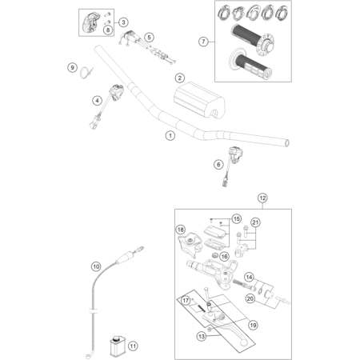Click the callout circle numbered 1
coord(170,135)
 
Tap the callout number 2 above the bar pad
coord(180,78)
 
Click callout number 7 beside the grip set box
coord(203,42)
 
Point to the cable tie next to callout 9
coord(86,73)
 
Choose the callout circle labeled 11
coord(133,346)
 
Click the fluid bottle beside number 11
coord(116,346)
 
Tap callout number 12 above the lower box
coord(262,198)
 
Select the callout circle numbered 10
coord(96,266)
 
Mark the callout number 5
coord(149,38)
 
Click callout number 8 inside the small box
coord(108,30)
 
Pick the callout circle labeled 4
coord(97,101)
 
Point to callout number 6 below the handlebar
coord(218,164)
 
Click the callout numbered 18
coord(181,230)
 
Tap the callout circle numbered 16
coord(224,257)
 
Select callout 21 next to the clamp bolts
coord(255,222)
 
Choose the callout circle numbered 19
coord(253,325)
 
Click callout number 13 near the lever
coord(202,336)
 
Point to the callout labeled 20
coord(250,298)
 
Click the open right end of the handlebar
coord(287,143)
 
